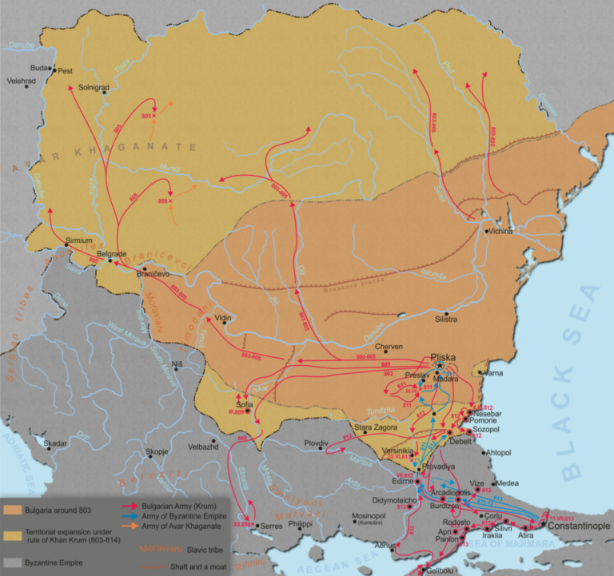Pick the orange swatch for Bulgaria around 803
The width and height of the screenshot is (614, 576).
pos(19,508)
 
